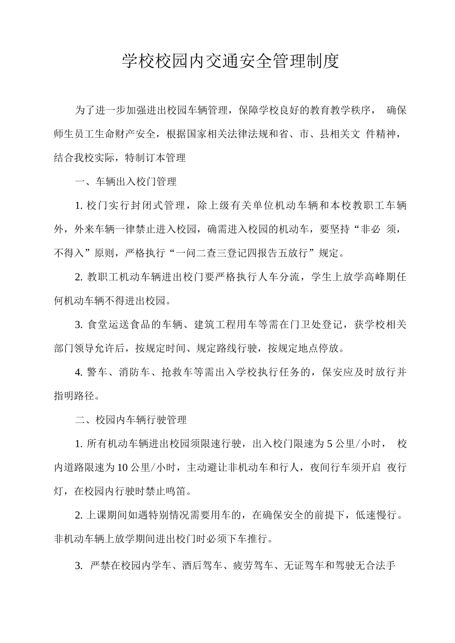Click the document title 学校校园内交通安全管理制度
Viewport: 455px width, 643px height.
[x=230, y=61]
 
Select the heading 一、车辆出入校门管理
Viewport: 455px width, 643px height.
[x=126, y=182]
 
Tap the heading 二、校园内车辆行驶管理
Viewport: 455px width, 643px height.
[x=131, y=420]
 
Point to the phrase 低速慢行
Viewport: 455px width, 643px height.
[x=376, y=515]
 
